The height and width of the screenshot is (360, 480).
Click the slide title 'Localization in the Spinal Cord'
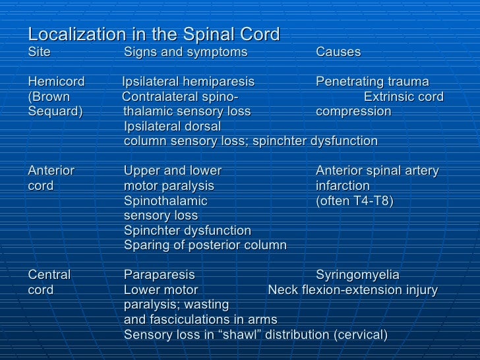click(x=154, y=34)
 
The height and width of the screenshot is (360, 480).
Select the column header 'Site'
click(x=40, y=52)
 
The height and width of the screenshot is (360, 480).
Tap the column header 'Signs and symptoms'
click(x=186, y=52)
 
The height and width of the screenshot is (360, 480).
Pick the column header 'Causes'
click(x=338, y=52)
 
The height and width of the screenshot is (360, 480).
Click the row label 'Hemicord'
click(x=57, y=82)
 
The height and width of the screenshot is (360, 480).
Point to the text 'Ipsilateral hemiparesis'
click(x=189, y=82)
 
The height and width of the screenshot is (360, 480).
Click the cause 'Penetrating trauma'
click(x=373, y=82)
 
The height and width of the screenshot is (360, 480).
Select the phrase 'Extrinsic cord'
click(x=404, y=97)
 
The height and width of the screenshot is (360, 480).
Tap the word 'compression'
click(x=353, y=111)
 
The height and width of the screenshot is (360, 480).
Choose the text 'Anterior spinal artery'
click(x=377, y=171)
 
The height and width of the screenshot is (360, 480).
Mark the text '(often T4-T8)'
click(x=355, y=200)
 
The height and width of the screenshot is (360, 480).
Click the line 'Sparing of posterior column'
click(x=205, y=245)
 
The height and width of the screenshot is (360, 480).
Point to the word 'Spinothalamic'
click(x=165, y=200)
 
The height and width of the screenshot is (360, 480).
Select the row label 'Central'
click(x=49, y=275)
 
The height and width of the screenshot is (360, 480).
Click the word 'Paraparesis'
click(x=160, y=275)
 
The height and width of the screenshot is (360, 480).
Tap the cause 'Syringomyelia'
click(x=357, y=275)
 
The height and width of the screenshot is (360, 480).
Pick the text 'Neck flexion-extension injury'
click(x=353, y=290)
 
